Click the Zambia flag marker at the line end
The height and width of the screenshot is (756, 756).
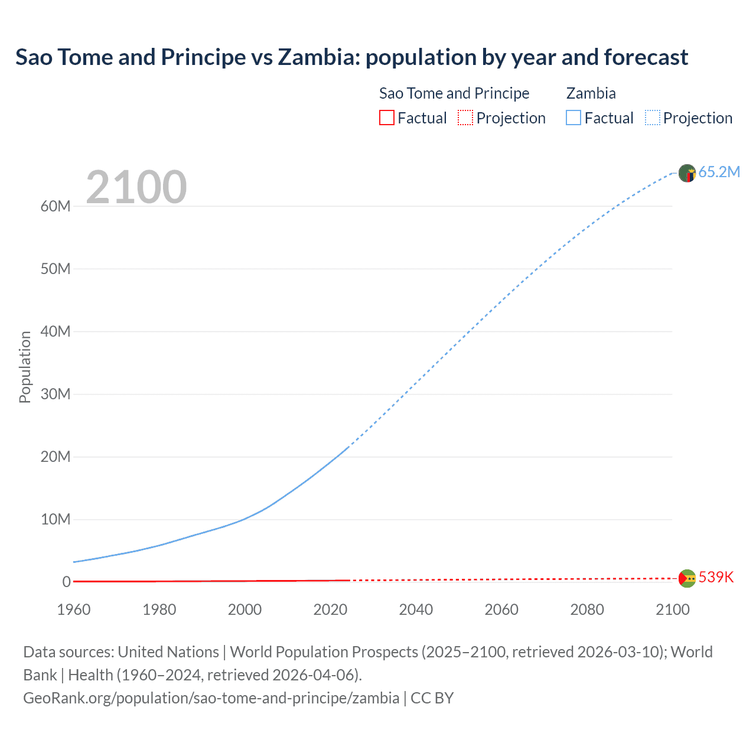[687, 173]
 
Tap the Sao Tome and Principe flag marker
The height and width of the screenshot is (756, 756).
[687, 578]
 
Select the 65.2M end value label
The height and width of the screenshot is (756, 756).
[719, 172]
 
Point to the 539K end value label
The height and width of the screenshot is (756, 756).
[716, 577]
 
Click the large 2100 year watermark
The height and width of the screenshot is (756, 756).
[136, 187]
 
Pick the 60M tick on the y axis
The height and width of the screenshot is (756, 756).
[56, 206]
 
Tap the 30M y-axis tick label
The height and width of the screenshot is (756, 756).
[56, 394]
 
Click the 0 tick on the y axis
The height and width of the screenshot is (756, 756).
[66, 582]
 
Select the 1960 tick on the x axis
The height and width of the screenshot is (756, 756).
[74, 610]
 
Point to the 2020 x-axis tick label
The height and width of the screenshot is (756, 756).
[330, 610]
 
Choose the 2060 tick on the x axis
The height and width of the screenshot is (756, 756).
[501, 610]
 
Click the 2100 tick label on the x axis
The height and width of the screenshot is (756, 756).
[672, 610]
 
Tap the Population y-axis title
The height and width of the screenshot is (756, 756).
[25, 367]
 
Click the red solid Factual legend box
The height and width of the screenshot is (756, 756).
[387, 118]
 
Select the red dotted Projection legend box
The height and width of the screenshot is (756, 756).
[465, 118]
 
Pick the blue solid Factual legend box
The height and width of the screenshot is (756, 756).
[573, 118]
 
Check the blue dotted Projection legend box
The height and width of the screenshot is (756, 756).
[653, 118]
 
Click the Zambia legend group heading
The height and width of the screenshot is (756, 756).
[591, 93]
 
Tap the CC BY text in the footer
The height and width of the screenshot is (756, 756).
[432, 698]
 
